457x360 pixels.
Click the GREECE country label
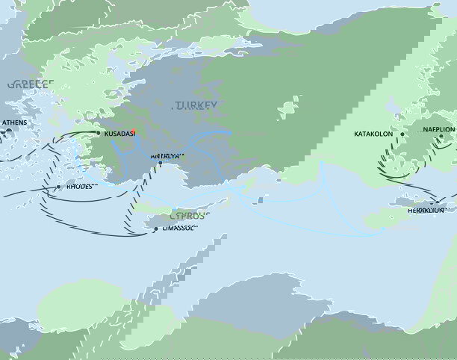pyautogui.click(x=28, y=84)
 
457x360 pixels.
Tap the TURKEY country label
pyautogui.click(x=196, y=106)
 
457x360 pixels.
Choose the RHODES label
pyautogui.click(x=80, y=186)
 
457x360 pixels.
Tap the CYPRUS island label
pyautogui.click(x=189, y=215)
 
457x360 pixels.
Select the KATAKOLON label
pyautogui.click(x=376, y=135)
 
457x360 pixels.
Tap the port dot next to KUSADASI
pyautogui.click(x=98, y=134)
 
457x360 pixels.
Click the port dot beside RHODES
pyautogui.click(x=59, y=187)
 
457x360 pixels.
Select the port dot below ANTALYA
pyautogui.click(x=160, y=164)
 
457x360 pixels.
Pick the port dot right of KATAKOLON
pyautogui.click(x=402, y=135)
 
